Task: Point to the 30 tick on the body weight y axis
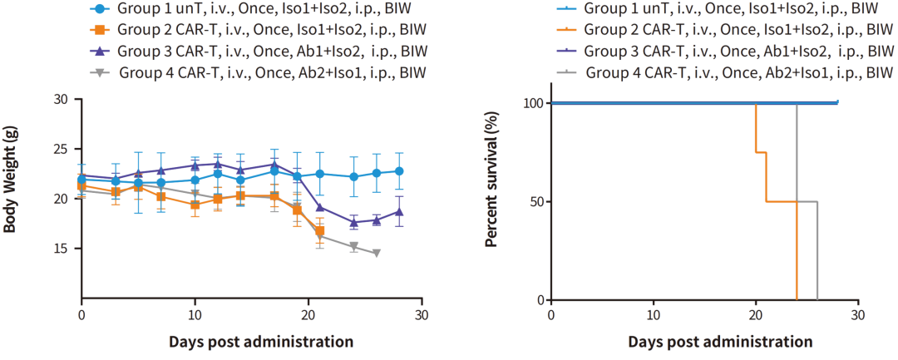[61, 99]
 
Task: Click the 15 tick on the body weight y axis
[61, 249]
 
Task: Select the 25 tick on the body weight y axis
[61, 149]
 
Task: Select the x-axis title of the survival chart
[720, 342]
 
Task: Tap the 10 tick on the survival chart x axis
[654, 317]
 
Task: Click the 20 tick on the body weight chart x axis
[308, 317]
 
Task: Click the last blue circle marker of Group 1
[399, 171]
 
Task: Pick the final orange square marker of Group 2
[320, 230]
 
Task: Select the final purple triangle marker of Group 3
[399, 211]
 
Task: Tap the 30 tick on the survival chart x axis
[857, 317]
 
